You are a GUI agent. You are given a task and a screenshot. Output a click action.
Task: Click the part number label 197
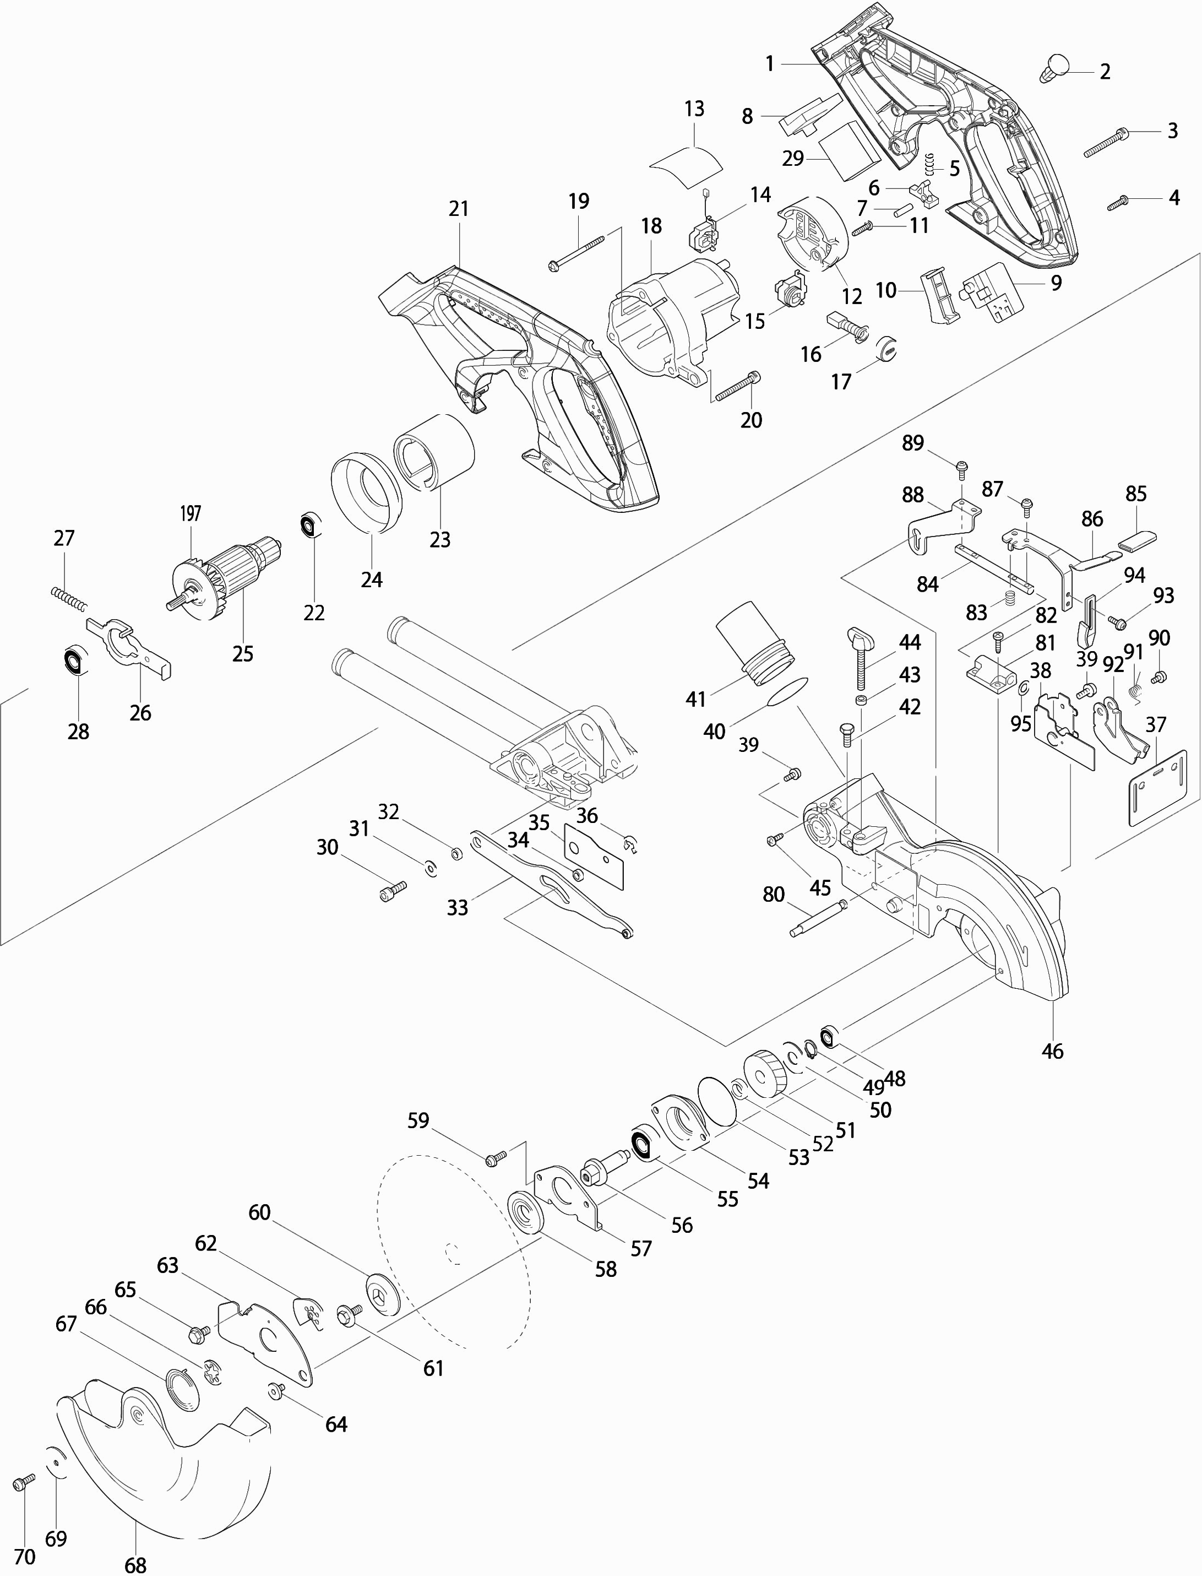191,513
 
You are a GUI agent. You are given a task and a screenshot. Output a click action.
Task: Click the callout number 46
1052,1050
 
